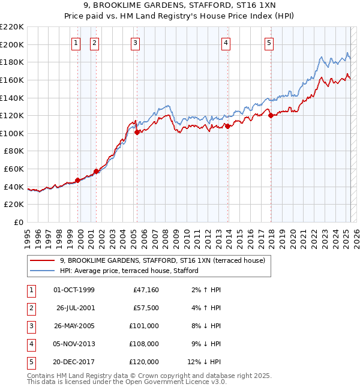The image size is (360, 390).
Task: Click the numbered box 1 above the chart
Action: point(77,43)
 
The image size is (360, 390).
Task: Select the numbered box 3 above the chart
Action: point(135,43)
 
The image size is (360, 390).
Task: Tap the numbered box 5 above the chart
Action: point(268,43)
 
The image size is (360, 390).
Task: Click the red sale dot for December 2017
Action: point(271,116)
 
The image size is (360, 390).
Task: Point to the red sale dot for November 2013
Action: point(228,126)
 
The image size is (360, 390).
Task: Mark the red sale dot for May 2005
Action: point(137,132)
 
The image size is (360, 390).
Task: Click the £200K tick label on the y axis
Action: point(13,44)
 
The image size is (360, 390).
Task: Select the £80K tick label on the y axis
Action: point(14,151)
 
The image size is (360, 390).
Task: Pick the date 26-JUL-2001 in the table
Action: point(76,308)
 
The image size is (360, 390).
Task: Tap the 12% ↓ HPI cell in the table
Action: point(203,362)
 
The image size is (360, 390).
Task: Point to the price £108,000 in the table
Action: point(145,344)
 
